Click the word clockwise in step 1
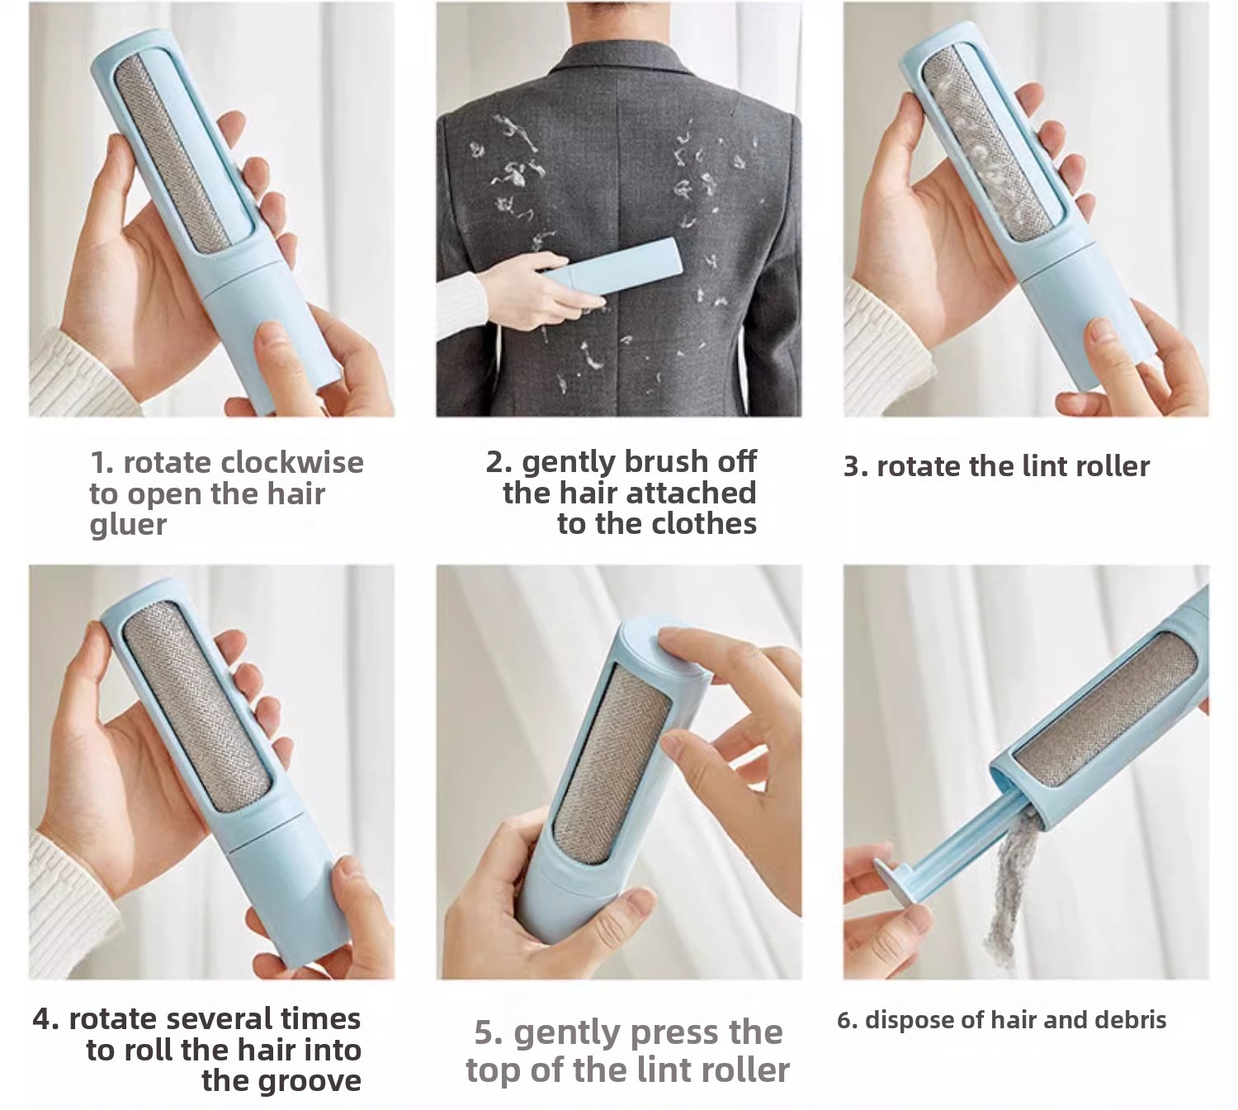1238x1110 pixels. [292, 462]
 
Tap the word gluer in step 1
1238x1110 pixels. [128, 525]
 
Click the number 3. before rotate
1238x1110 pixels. [856, 467]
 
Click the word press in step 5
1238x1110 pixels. [669, 1033]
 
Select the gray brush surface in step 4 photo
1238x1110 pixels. [196, 706]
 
